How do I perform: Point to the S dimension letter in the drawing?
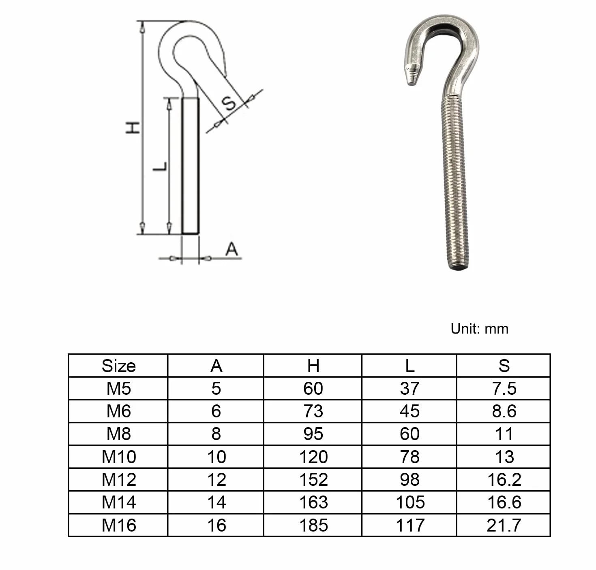coord(229,103)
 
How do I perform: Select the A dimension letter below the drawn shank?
coord(232,249)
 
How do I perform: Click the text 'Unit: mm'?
coord(479,329)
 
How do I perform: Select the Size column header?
coord(118,366)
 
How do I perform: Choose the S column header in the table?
coord(504,366)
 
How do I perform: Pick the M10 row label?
coord(118,457)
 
